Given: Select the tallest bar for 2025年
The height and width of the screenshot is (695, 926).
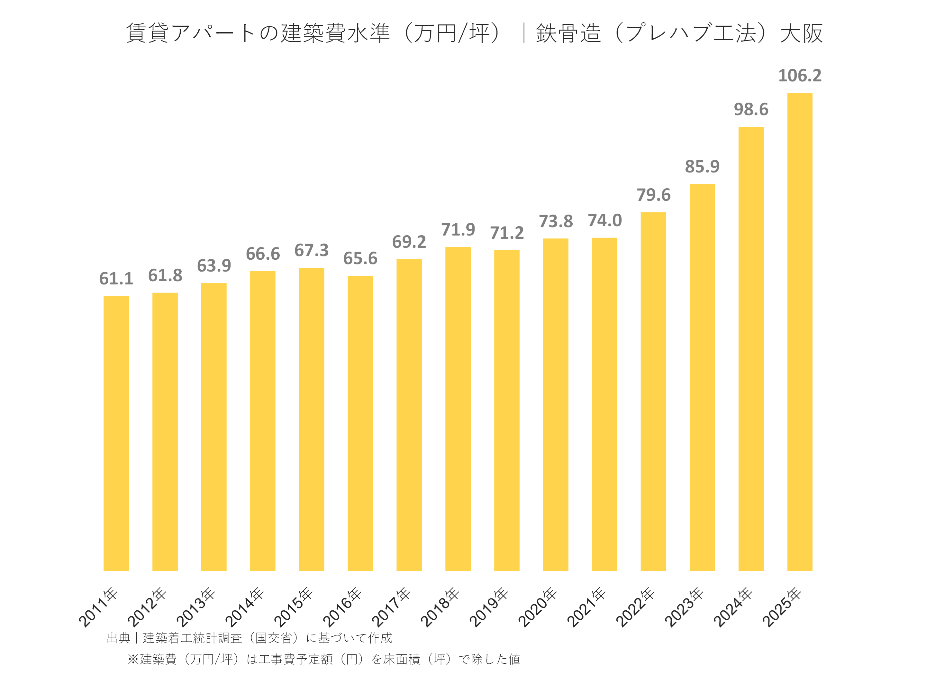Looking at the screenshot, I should pos(800,331).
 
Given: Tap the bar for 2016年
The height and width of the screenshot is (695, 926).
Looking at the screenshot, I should pos(360,423).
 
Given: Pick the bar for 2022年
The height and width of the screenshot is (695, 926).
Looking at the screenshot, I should pos(653,391).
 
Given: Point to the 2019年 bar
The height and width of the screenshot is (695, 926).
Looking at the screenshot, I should pos(506,410).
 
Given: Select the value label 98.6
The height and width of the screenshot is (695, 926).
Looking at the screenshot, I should pos(751,110).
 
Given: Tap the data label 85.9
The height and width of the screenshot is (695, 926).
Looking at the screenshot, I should pos(702,167).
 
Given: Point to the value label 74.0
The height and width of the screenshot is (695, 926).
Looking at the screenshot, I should pos(604,220).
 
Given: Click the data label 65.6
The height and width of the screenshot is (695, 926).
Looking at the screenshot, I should pos(360,258).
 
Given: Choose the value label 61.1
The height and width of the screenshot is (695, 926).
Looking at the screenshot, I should pos(116,279).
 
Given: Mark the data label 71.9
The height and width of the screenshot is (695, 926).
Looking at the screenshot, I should pos(458,229).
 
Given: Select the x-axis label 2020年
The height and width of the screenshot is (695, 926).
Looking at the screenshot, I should pos(538,607).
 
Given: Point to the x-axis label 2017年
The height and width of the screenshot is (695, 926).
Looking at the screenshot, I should pos(391,607).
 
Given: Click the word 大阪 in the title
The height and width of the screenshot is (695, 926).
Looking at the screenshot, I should pos(801,33).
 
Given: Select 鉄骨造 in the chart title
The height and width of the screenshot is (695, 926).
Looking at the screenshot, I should pos(568,33).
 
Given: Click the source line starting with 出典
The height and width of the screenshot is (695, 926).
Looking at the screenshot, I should pos(249,638).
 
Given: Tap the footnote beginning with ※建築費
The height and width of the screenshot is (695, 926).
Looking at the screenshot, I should pos(323,659).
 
